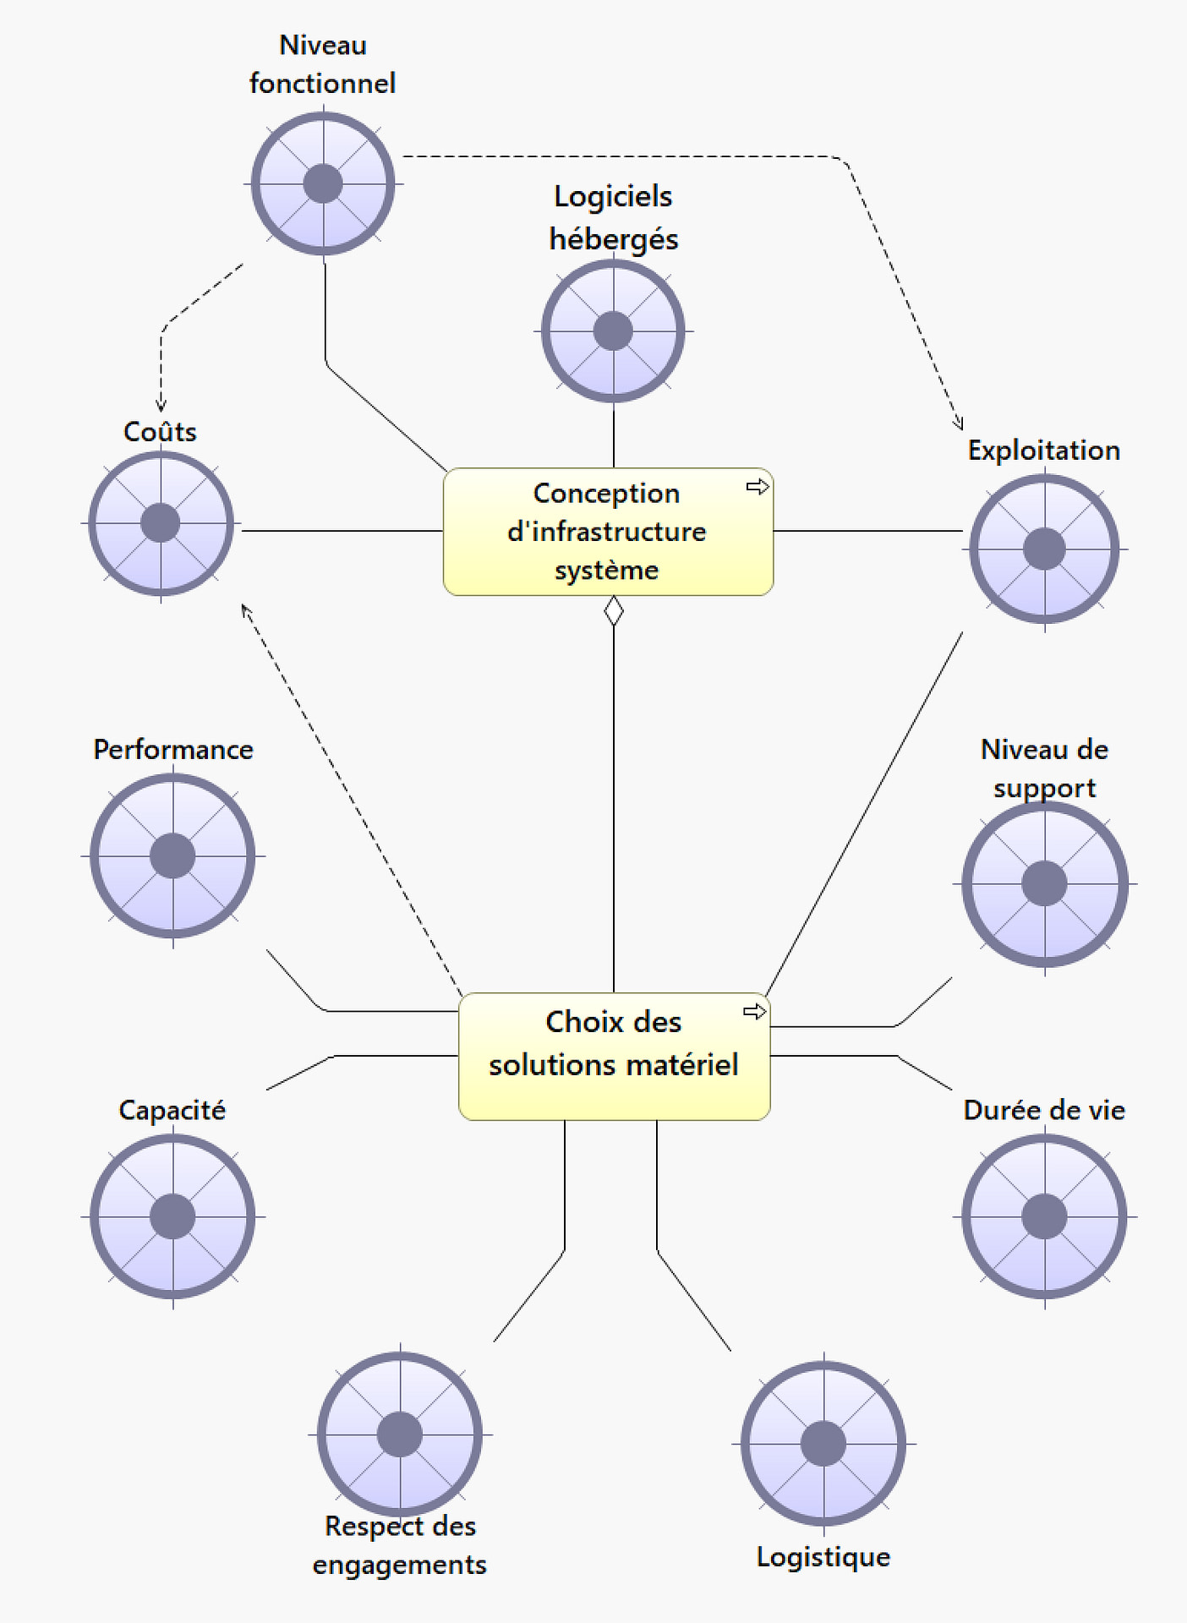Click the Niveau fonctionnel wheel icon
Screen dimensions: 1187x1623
(323, 183)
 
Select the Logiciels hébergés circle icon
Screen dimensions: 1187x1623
(613, 331)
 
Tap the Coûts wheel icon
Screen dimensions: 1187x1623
(161, 523)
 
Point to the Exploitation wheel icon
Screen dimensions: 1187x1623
(1044, 549)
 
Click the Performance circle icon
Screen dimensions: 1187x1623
(172, 855)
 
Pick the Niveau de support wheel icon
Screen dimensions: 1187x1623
(1044, 883)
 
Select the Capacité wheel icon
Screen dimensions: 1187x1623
(172, 1216)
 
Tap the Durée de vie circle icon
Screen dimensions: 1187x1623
(1044, 1216)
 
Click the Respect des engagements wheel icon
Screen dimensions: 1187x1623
(400, 1434)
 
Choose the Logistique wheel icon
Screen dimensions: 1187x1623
(823, 1443)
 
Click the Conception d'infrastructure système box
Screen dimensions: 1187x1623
(608, 532)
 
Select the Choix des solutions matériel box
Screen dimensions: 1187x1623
(614, 1056)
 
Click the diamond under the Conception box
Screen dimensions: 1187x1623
(614, 610)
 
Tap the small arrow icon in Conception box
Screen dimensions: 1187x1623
(758, 486)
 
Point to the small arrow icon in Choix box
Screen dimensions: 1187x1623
(754, 1011)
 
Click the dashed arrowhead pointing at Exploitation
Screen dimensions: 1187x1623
(959, 423)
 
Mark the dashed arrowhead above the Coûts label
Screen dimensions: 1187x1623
(161, 406)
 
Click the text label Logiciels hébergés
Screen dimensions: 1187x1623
(614, 217)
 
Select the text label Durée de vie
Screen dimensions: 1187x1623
(1044, 1110)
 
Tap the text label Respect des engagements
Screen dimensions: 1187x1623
(400, 1544)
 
